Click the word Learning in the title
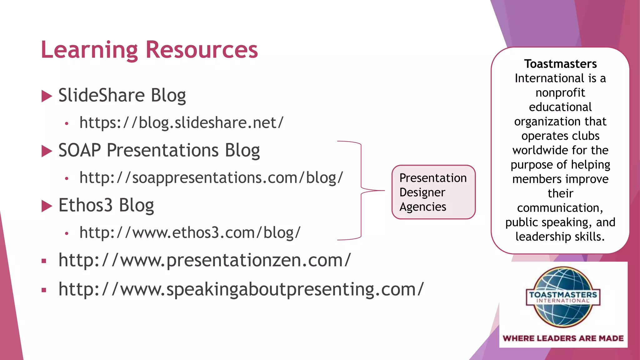[89, 50]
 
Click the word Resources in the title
[202, 50]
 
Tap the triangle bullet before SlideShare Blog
[47, 96]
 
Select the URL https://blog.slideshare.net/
[181, 122]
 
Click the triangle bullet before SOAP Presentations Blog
[47, 151]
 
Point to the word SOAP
[79, 150]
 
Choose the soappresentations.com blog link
[211, 178]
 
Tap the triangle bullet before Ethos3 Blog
[47, 206]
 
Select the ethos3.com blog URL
[190, 233]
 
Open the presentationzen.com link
[205, 260]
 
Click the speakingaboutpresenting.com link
[241, 289]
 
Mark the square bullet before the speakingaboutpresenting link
[44, 290]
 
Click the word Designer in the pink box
[422, 192]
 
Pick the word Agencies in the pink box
[423, 207]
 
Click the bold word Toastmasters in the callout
[560, 64]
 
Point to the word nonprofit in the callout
[560, 92]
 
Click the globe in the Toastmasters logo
[562, 312]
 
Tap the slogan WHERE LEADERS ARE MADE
[563, 338]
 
